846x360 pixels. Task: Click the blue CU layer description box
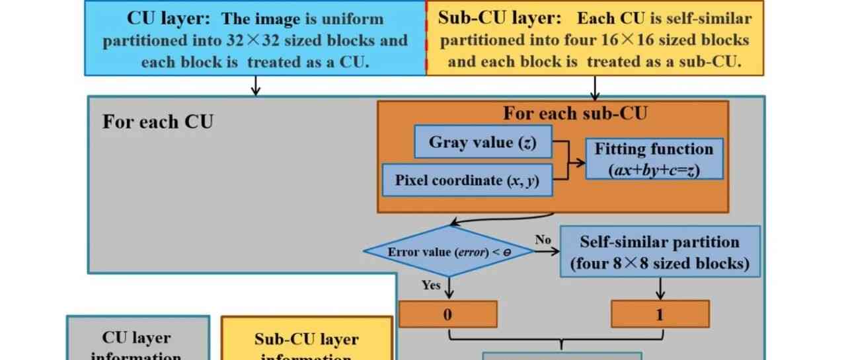point(255,38)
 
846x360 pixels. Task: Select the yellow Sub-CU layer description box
point(595,38)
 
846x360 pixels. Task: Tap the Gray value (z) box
point(482,142)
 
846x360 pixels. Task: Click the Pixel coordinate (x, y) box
point(468,180)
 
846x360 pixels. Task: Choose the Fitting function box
point(654,159)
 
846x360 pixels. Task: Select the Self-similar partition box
point(660,252)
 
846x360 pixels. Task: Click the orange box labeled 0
point(447,314)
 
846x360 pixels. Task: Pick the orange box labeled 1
point(660,314)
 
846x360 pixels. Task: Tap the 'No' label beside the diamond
point(543,239)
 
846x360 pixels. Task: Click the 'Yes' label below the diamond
point(431,285)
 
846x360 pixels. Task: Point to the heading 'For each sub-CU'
point(575,114)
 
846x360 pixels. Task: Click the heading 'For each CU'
point(157,122)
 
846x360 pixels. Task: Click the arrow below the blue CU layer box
point(256,86)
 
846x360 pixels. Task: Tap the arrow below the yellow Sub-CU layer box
point(595,86)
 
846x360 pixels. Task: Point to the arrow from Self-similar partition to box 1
point(660,288)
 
